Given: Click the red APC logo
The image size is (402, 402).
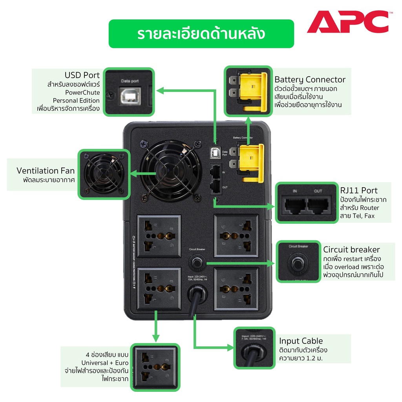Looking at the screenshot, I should tap(347, 22).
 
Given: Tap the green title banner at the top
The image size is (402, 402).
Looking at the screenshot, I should tap(201, 34).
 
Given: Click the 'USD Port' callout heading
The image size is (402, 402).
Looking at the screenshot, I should tap(82, 75).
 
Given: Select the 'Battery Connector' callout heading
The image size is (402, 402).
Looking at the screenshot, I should tap(310, 80).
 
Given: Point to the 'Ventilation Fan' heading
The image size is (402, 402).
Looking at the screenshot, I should tap(46, 171).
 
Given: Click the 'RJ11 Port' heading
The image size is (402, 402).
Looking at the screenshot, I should tap(359, 190).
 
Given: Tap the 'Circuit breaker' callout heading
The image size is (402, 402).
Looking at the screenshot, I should tap(351, 250).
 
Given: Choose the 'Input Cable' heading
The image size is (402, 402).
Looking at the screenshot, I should tap(301, 341).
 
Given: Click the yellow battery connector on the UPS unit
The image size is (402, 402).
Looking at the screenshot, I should tap(250, 162).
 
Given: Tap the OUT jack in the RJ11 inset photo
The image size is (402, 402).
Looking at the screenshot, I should tap(318, 204).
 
